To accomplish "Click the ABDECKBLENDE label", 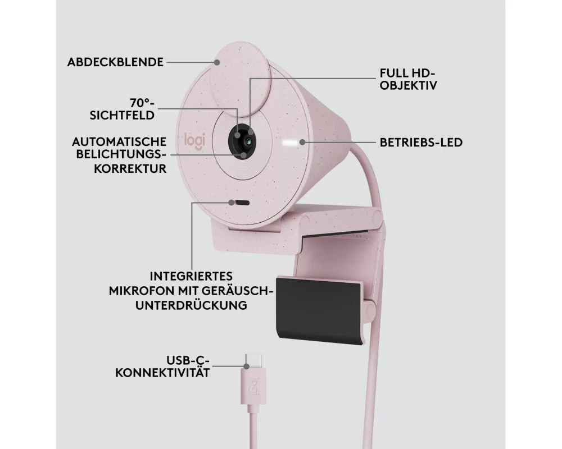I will coord(115,62).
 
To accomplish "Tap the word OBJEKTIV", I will coord(409,86).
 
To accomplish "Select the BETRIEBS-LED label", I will coord(421,143).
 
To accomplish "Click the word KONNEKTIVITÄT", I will coord(163,372).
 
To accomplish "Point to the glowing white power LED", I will coord(290,143).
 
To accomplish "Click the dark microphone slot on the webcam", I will coord(239,203).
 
